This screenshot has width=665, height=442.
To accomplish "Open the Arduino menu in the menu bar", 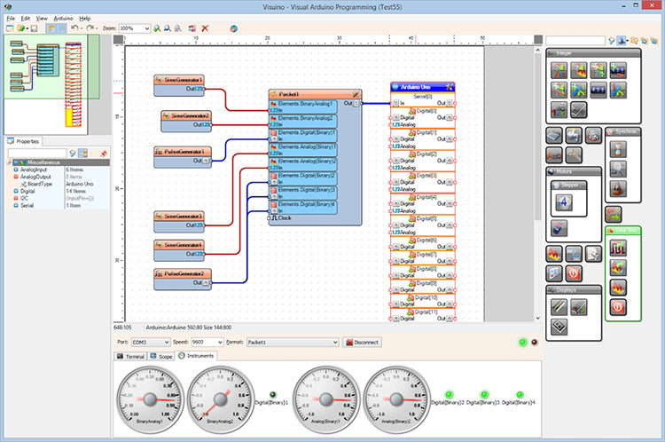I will (x=63, y=18).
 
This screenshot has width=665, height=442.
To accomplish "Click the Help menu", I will (x=85, y=18).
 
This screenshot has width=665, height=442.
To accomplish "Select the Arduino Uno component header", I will (x=422, y=87).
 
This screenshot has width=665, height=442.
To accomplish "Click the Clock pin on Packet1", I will (x=286, y=217).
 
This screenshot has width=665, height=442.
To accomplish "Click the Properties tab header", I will (x=27, y=141).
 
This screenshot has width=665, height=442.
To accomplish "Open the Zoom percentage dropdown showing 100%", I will (x=134, y=28).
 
